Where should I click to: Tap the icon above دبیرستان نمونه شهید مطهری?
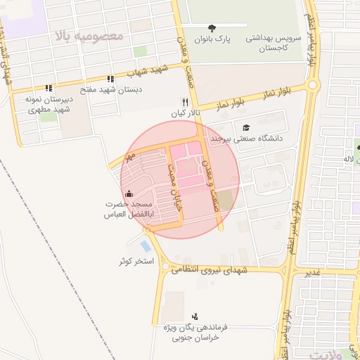49,88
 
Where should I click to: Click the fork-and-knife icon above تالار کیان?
186,101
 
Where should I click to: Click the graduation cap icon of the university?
246,127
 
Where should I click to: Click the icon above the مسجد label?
128,194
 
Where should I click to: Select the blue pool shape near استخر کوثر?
145,246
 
